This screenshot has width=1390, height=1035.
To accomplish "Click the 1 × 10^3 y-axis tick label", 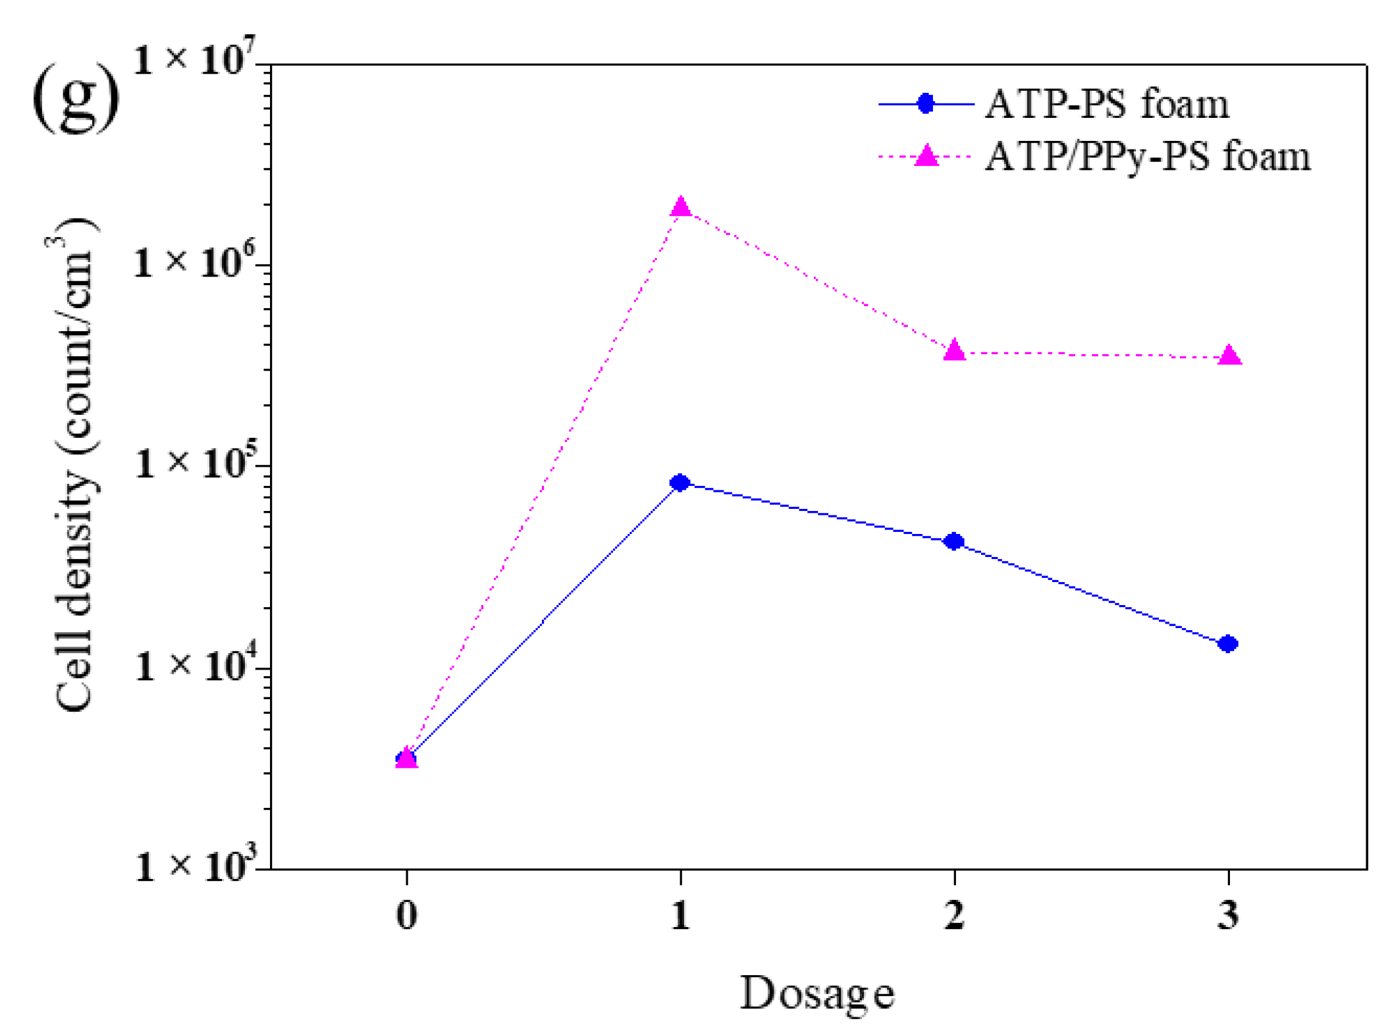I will point(194,866).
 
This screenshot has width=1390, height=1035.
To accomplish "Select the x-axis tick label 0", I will point(407,915).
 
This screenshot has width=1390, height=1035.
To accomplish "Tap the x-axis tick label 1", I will point(680,915).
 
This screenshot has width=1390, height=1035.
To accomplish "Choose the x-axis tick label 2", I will point(954,915).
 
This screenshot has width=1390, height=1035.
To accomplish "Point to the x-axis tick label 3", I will point(1228,915).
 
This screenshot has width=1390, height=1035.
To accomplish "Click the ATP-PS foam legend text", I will point(1106,104).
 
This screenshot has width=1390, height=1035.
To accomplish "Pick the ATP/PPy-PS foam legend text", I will point(1147,157).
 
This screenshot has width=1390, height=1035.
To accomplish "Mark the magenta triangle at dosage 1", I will point(680,207).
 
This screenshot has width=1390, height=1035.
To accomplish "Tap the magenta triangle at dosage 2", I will point(954,351).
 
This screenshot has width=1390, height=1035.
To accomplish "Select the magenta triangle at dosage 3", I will point(1229,356).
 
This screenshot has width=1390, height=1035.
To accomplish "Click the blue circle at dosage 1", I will point(680,483).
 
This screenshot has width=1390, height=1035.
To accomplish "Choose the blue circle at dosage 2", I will point(953,541).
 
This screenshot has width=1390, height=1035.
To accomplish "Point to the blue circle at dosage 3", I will point(1228,643).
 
